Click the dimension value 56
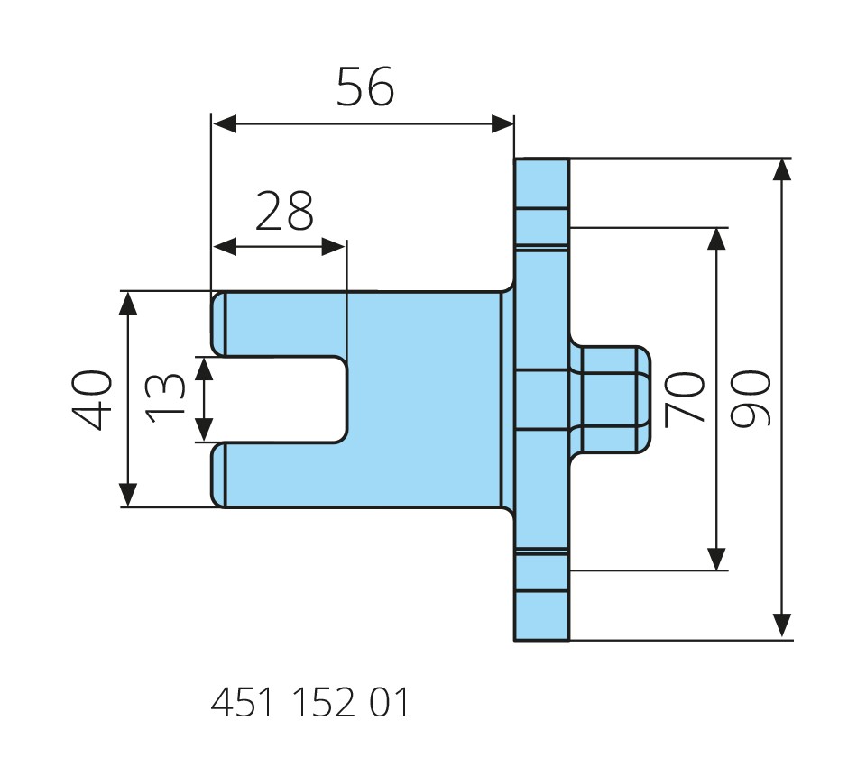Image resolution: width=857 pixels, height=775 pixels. pos(365,87)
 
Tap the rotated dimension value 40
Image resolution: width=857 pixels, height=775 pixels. pos(93,399)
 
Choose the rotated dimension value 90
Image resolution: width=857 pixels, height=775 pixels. pos(751,398)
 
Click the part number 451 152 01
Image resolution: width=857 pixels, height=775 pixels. pos(309,703)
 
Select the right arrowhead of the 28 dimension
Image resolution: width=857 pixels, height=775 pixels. pos(335,246)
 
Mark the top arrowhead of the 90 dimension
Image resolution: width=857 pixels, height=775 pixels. pos(782,170)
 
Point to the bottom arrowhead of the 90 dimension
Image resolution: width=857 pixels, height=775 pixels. pos(782,627)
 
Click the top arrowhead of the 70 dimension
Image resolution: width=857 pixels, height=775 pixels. pos(717,238)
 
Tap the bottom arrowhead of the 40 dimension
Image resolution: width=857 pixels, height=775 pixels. pos(128,495)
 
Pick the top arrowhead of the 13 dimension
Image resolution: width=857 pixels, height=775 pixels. pos(206,368)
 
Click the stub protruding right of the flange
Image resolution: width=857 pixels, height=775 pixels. pos(613,399)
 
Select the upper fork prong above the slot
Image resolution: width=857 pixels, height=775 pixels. pos(280,324)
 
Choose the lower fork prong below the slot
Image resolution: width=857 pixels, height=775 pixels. pos(280,475)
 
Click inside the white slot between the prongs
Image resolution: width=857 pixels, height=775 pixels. pos(280,399)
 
